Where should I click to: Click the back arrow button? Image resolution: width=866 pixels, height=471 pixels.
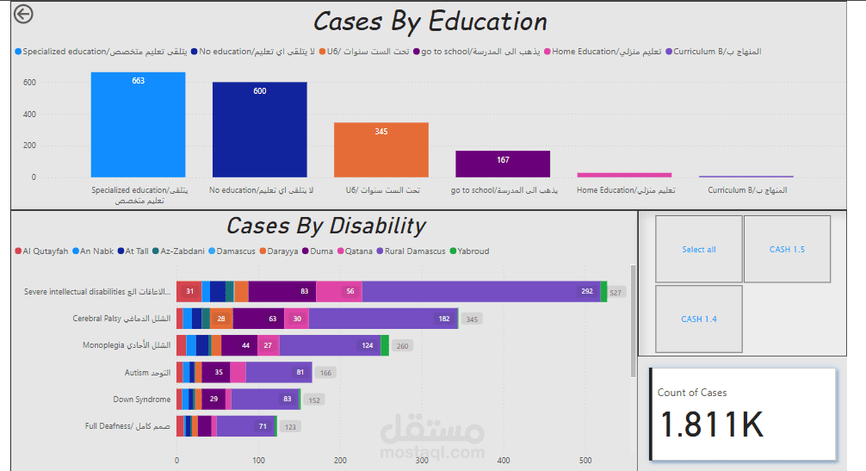(x=23, y=14)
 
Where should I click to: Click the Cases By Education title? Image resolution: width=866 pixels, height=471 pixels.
(x=430, y=22)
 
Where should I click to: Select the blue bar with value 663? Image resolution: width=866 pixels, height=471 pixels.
(x=138, y=124)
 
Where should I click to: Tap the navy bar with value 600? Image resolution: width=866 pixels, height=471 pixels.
(x=259, y=129)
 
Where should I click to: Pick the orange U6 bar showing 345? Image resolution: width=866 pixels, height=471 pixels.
(x=380, y=150)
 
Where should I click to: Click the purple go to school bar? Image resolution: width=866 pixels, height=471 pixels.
(x=503, y=164)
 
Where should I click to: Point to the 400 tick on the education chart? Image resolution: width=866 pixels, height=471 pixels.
(x=29, y=115)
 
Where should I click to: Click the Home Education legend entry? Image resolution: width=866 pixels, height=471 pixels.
(x=606, y=52)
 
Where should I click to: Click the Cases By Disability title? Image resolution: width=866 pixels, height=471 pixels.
(x=325, y=226)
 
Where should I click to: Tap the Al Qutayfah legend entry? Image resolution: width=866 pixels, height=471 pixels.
(x=41, y=251)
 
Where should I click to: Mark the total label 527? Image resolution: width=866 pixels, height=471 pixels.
(x=616, y=293)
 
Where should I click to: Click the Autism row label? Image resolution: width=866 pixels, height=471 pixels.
(x=147, y=373)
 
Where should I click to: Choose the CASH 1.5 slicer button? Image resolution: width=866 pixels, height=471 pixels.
(x=787, y=250)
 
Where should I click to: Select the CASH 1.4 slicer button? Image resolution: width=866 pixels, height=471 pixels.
(x=699, y=319)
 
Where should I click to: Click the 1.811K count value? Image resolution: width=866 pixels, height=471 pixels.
(x=712, y=425)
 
